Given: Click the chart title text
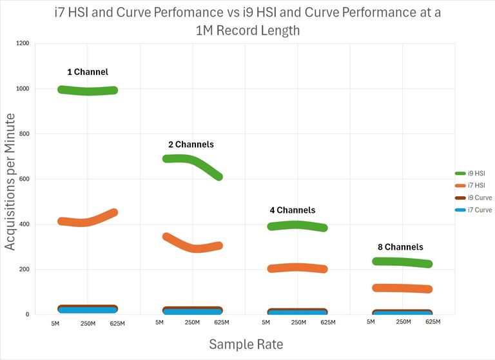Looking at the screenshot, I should point(247,21).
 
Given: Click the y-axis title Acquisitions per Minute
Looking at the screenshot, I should point(11,181).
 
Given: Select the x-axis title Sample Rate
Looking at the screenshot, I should point(246,345).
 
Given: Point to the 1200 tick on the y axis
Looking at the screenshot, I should point(23,43).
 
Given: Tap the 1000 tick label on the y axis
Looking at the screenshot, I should point(23,88).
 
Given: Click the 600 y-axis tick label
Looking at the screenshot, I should point(24,179).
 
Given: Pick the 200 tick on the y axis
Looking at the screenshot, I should point(24,269).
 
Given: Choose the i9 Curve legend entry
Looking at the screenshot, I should point(473,197).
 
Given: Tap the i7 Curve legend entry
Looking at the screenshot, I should point(473,210).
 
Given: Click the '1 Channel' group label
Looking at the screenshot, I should point(88,72).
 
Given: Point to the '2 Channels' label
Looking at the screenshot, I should point(190,145).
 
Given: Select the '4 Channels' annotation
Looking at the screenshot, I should point(293,210).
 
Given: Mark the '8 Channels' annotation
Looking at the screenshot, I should point(400,247).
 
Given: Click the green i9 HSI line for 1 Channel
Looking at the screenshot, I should point(88,91).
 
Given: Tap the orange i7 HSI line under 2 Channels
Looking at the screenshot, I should point(193,248).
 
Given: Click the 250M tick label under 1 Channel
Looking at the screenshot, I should point(88,323).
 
